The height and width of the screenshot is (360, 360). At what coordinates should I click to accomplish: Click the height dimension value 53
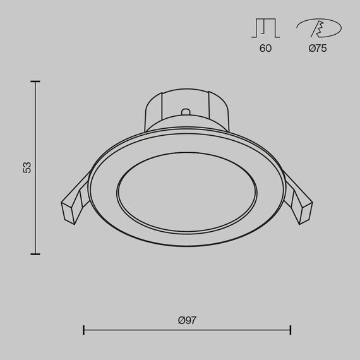[27, 167]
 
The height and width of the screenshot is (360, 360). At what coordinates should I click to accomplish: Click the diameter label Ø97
[187, 320]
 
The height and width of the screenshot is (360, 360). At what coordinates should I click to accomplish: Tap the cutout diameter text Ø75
[318, 49]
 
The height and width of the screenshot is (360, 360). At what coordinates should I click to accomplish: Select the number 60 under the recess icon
[265, 49]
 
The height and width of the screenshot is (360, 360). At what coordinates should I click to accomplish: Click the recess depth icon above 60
[265, 28]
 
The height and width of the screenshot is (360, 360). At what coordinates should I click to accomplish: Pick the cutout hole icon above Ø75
[318, 28]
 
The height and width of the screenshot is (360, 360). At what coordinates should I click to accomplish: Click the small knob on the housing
[186, 113]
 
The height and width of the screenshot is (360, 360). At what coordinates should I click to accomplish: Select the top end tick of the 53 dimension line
[35, 81]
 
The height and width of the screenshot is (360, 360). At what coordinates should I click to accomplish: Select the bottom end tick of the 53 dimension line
[35, 254]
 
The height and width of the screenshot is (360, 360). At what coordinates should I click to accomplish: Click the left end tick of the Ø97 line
[84, 330]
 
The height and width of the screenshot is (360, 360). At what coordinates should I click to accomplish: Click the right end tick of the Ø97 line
[291, 330]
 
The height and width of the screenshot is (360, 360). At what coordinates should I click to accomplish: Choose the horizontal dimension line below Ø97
[187, 330]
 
